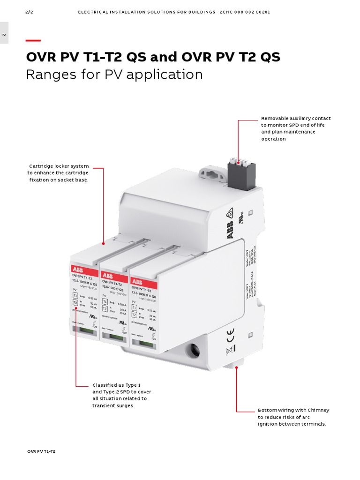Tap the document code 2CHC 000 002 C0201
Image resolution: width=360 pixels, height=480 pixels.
coord(245,12)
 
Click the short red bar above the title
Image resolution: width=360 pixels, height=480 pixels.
coord(33,41)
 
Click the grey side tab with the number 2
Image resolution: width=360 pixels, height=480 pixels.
coord(4,34)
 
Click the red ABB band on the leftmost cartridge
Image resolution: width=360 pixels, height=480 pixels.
coord(84,269)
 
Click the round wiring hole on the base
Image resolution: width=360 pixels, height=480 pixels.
coord(193,350)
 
